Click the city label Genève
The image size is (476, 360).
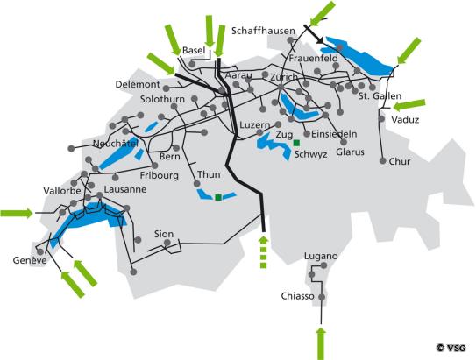tap(30, 260)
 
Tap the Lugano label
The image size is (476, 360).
tap(321, 257)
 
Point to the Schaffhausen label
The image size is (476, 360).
tap(266, 30)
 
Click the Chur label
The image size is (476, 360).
tap(399, 161)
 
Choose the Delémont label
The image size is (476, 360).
tap(138, 85)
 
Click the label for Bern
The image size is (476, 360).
tap(169, 157)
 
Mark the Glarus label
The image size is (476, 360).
tap(350, 152)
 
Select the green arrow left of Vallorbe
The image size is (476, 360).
tap(17, 212)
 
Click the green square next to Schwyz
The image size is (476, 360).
tap(297, 142)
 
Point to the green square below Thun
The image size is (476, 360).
tap(217, 198)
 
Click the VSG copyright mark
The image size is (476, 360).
tap(452, 348)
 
